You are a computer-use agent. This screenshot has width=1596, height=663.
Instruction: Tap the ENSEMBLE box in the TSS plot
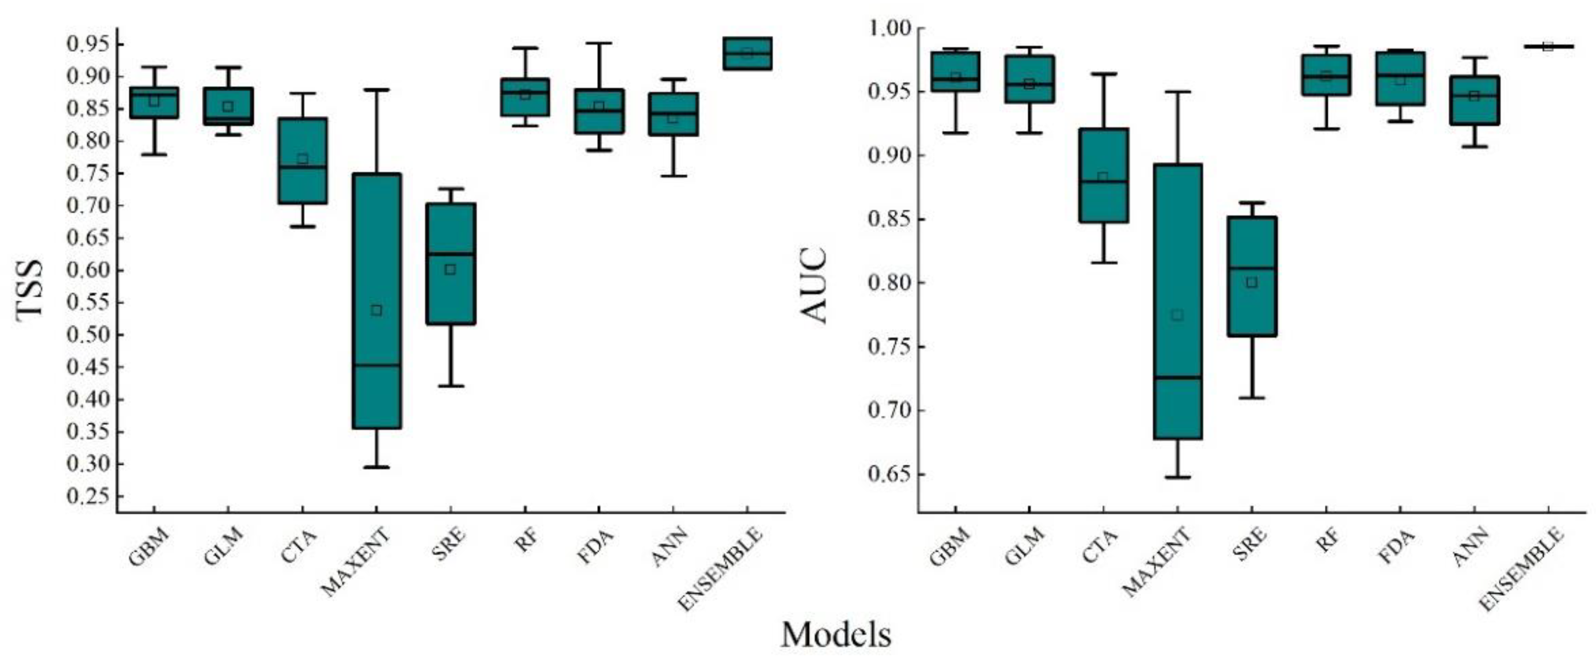(747, 54)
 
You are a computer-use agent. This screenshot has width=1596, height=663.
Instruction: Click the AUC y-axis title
(813, 285)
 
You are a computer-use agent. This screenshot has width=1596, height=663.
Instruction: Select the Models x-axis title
(836, 635)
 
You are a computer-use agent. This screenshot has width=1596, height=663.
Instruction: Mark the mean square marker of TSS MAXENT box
(376, 310)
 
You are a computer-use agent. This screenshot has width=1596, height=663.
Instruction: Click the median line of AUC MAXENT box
(1177, 377)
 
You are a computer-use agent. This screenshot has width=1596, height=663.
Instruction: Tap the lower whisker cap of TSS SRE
(450, 386)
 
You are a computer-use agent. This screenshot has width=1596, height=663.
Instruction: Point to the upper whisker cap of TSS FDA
(598, 43)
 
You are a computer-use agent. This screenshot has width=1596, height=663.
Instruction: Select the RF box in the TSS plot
(525, 98)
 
